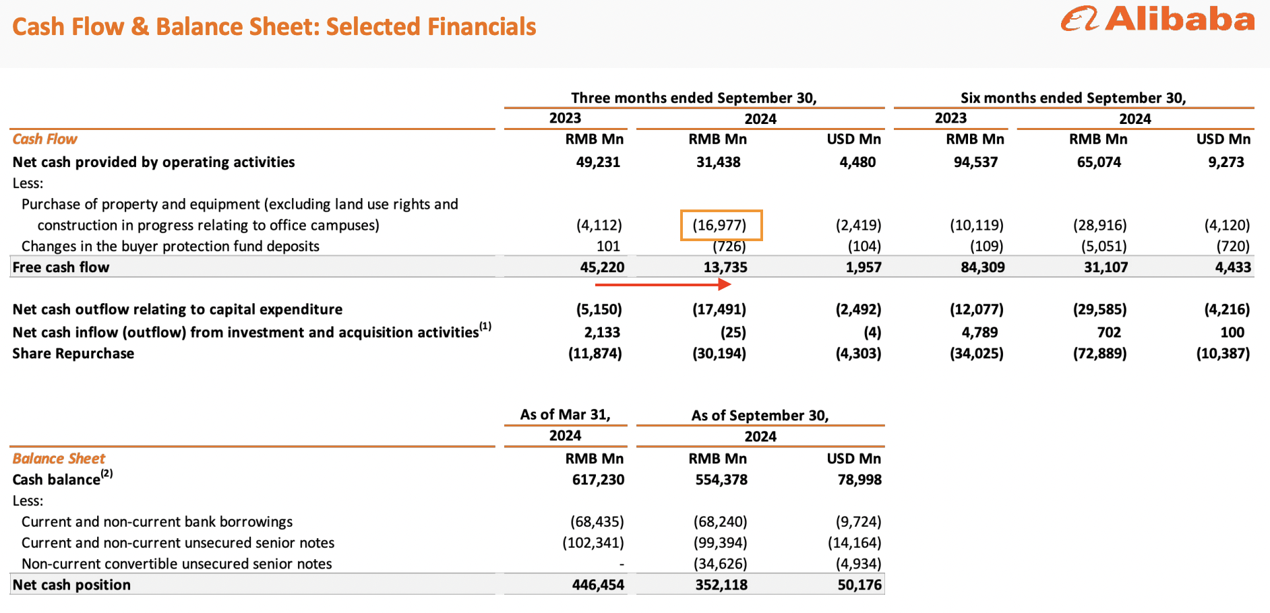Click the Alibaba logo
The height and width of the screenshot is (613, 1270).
pyautogui.click(x=1157, y=19)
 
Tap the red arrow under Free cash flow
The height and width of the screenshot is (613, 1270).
pyautogui.click(x=663, y=284)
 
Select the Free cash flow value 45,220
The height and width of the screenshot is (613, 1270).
pyautogui.click(x=602, y=267)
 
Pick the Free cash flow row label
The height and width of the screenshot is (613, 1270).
pyautogui.click(x=61, y=267)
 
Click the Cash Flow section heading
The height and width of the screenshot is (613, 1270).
pyautogui.click(x=44, y=139)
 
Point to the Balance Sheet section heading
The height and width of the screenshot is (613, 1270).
pyautogui.click(x=59, y=459)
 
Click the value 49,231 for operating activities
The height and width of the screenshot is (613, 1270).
pyautogui.click(x=598, y=162)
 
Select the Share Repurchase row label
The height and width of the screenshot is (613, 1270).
pyautogui.click(x=73, y=354)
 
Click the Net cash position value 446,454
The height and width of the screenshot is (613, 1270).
pyautogui.click(x=598, y=585)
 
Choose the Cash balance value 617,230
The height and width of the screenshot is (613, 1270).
pyautogui.click(x=598, y=480)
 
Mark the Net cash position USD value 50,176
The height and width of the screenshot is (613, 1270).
pyautogui.click(x=859, y=585)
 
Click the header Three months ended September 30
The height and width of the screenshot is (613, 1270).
pyautogui.click(x=694, y=98)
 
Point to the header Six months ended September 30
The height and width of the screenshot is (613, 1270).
pyautogui.click(x=1073, y=98)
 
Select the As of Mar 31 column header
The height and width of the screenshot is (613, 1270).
pyautogui.click(x=565, y=415)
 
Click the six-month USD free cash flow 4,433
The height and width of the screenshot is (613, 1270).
pyautogui.click(x=1233, y=267)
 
